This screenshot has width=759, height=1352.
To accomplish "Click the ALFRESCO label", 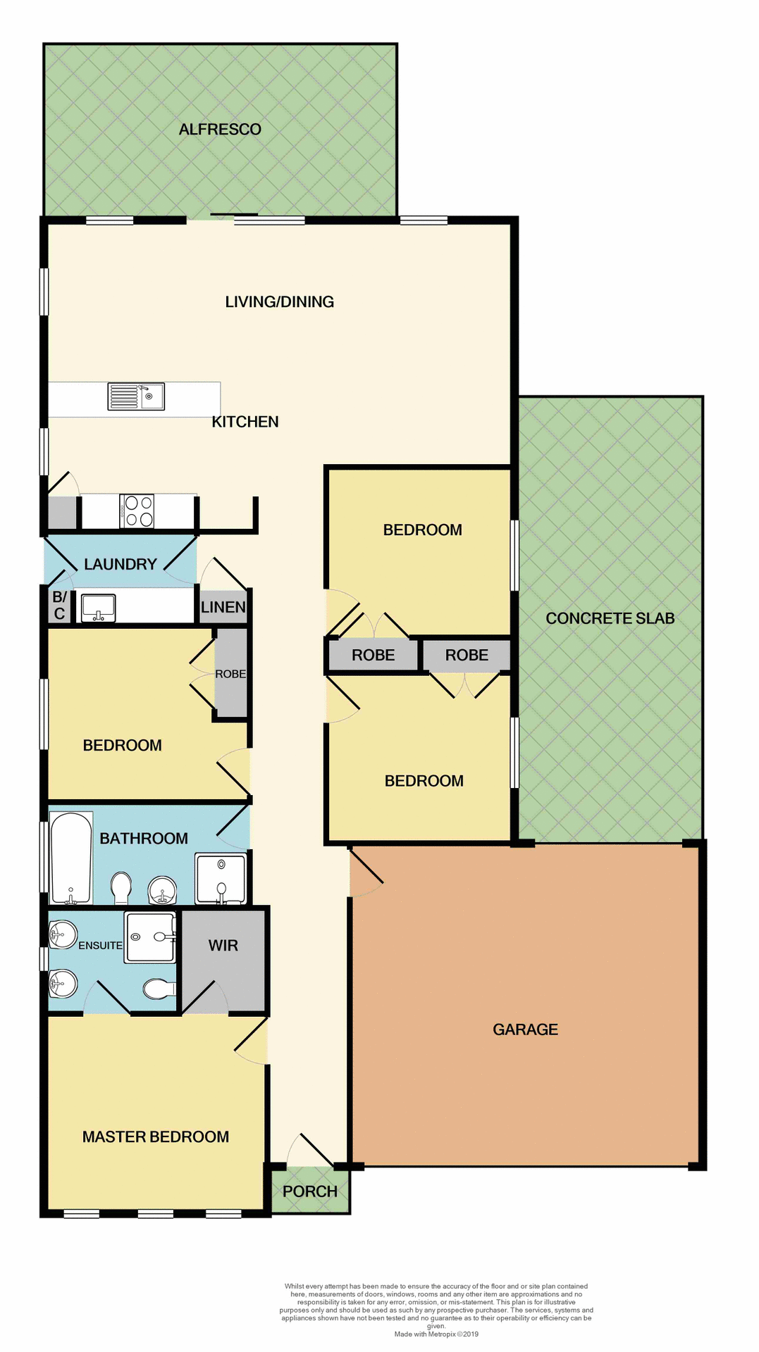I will pyautogui.click(x=220, y=130).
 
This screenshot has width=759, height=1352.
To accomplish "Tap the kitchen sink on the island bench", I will pyautogui.click(x=136, y=396).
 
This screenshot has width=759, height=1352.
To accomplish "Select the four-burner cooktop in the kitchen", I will pyautogui.click(x=137, y=511).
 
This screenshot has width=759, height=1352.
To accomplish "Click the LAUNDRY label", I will pyautogui.click(x=121, y=564).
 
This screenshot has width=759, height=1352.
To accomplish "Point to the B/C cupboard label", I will pyautogui.click(x=59, y=606).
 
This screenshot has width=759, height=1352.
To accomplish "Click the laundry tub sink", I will pyautogui.click(x=99, y=607).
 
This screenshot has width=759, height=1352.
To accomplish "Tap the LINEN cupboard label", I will pyautogui.click(x=223, y=607).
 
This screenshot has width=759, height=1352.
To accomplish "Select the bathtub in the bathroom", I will pyautogui.click(x=70, y=858).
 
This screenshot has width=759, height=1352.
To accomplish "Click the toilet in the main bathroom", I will pyautogui.click(x=121, y=887).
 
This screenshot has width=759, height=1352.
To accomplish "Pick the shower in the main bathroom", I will pyautogui.click(x=221, y=878).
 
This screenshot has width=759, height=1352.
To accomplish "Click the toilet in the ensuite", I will pyautogui.click(x=159, y=989).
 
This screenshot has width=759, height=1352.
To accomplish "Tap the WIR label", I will pyautogui.click(x=223, y=946).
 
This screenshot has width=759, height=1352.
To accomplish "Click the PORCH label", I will pyautogui.click(x=310, y=1191).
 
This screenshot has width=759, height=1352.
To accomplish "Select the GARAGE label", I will pyautogui.click(x=525, y=1029).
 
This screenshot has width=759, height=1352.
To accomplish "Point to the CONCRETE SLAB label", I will pyautogui.click(x=610, y=618).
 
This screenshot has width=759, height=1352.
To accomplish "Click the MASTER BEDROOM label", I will pyautogui.click(x=156, y=1137).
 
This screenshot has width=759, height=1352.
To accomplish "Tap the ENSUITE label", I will pyautogui.click(x=100, y=946).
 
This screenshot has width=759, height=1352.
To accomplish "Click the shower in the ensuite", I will pyautogui.click(x=149, y=937).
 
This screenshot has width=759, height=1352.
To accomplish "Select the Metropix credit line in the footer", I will pyautogui.click(x=436, y=1334).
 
